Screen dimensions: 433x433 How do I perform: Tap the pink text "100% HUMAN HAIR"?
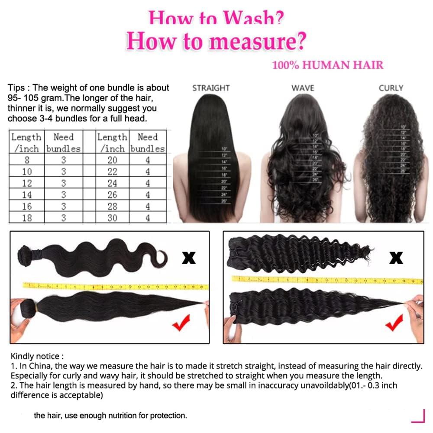tap(327, 65)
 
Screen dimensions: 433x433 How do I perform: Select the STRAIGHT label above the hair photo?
tap(211, 88)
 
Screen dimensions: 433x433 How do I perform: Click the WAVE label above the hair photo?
tap(303, 88)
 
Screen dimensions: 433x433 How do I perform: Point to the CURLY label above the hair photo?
tap(391, 88)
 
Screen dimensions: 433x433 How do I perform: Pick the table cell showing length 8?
tap(26, 160)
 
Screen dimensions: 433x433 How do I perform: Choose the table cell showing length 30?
tap(112, 218)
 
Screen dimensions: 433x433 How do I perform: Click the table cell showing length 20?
tap(112, 160)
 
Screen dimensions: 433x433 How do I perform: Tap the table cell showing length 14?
tap(26, 195)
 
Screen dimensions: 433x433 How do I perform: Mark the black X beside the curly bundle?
tap(396, 258)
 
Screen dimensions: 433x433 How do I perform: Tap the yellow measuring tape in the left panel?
tap(115, 286)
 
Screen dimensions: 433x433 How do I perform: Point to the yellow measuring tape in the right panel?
tap(327, 280)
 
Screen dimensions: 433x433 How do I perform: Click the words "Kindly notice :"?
tap(37, 356)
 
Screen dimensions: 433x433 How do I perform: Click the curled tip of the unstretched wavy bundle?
tap(161, 258)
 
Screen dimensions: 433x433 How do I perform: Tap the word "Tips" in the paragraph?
tap(16, 88)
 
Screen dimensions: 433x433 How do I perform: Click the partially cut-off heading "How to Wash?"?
tap(216, 18)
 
